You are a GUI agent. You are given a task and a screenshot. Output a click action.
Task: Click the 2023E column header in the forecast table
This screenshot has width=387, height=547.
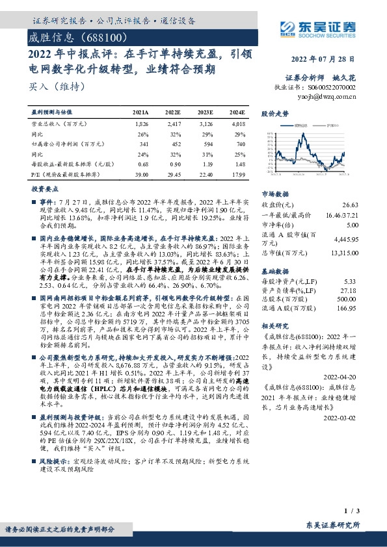coord(206,112)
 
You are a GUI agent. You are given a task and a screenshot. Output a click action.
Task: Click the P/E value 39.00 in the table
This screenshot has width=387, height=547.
coord(140,175)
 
